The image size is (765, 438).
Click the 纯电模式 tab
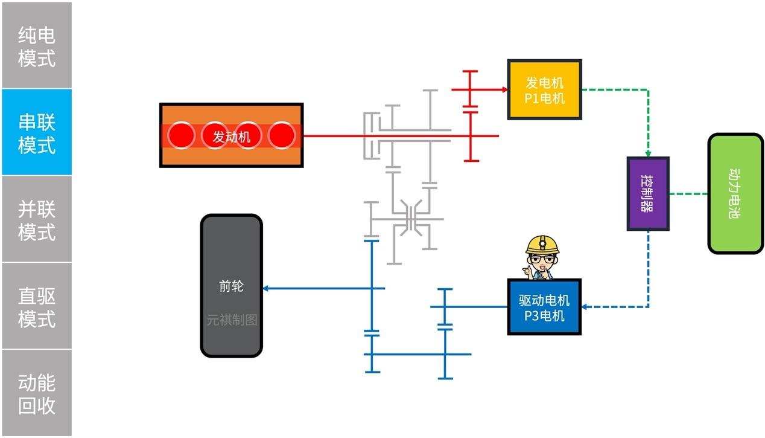tap(36, 46)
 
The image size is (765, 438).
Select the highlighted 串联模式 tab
tap(36, 133)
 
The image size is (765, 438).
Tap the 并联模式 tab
tap(36, 220)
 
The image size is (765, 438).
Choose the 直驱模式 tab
tap(36, 306)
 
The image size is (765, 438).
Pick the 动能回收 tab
tap(36, 393)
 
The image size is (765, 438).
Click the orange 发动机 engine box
tap(231, 135)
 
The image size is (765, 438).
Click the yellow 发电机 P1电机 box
tap(544, 89)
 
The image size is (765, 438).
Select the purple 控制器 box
tap(647, 193)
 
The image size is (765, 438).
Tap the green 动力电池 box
tap(735, 193)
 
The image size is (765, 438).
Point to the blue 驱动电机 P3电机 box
tap(544, 307)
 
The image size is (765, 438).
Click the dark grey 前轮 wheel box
tap(231, 286)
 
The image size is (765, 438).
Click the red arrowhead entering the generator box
tap(504, 89)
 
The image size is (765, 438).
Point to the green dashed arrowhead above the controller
tap(648, 153)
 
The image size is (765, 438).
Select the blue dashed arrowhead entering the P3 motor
tap(585, 307)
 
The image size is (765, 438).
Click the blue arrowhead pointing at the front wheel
tap(266, 288)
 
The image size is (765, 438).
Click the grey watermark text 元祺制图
tap(232, 320)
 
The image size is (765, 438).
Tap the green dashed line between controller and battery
tap(688, 194)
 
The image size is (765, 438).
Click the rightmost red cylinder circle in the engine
tap(281, 135)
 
